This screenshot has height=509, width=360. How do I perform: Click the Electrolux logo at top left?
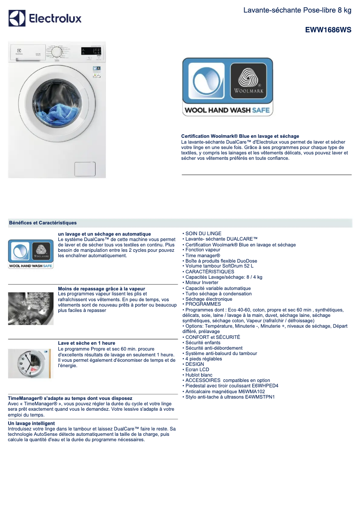pos(45,18)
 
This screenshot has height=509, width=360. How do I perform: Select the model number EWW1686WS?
pos(328,30)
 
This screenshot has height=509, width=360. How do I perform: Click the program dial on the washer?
pos(57,52)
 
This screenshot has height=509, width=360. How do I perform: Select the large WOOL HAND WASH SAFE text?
pos(227,110)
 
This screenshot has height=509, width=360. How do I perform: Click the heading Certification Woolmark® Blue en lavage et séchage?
pos(240,136)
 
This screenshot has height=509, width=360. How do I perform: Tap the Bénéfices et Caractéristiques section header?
pos(43,223)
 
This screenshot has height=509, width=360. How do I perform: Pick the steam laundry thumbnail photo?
pos(31,308)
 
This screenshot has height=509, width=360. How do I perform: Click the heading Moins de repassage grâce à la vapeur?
pos(101,289)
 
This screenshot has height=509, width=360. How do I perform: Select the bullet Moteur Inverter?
pos(202,283)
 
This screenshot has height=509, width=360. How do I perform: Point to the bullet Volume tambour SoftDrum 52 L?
pos(219,266)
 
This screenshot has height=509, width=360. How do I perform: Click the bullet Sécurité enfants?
pos(202,342)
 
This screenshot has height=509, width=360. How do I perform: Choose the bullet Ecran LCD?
pos(197,369)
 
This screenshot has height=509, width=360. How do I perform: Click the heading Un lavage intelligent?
pos(31,423)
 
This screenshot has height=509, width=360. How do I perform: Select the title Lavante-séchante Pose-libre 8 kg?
pos(297,10)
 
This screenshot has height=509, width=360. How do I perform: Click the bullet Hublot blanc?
pos(198,375)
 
